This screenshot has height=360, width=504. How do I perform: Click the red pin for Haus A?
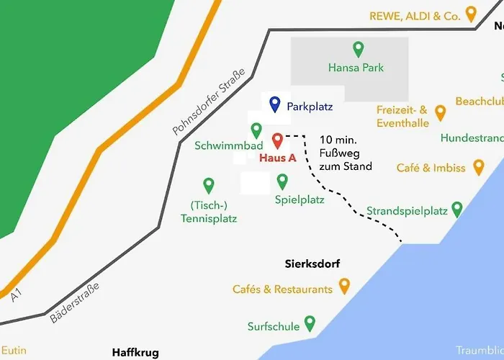[x=277, y=141]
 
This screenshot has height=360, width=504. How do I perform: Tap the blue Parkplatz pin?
[x=274, y=105]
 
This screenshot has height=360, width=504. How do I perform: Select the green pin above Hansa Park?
[x=358, y=50]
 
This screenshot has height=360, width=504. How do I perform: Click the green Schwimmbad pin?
[x=256, y=130]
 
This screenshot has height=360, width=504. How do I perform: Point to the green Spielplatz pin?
[x=282, y=181]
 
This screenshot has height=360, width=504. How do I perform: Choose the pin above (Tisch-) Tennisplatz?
[x=209, y=186]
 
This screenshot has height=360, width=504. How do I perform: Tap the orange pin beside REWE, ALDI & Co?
[x=471, y=14]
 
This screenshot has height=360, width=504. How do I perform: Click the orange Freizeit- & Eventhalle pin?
[x=441, y=113]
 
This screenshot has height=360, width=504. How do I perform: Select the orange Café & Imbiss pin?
[x=480, y=168]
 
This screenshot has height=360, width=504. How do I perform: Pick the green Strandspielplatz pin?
[x=456, y=210]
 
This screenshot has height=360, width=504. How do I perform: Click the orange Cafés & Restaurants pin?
[x=344, y=287]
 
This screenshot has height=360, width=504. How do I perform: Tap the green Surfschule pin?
[x=310, y=323]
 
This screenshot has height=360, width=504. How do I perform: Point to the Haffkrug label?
[x=135, y=352]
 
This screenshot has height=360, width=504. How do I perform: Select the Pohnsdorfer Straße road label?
[x=209, y=102]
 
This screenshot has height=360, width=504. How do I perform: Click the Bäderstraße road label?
[x=74, y=302]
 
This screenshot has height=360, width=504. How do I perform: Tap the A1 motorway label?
[x=17, y=294]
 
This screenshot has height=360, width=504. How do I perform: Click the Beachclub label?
[x=479, y=101]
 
